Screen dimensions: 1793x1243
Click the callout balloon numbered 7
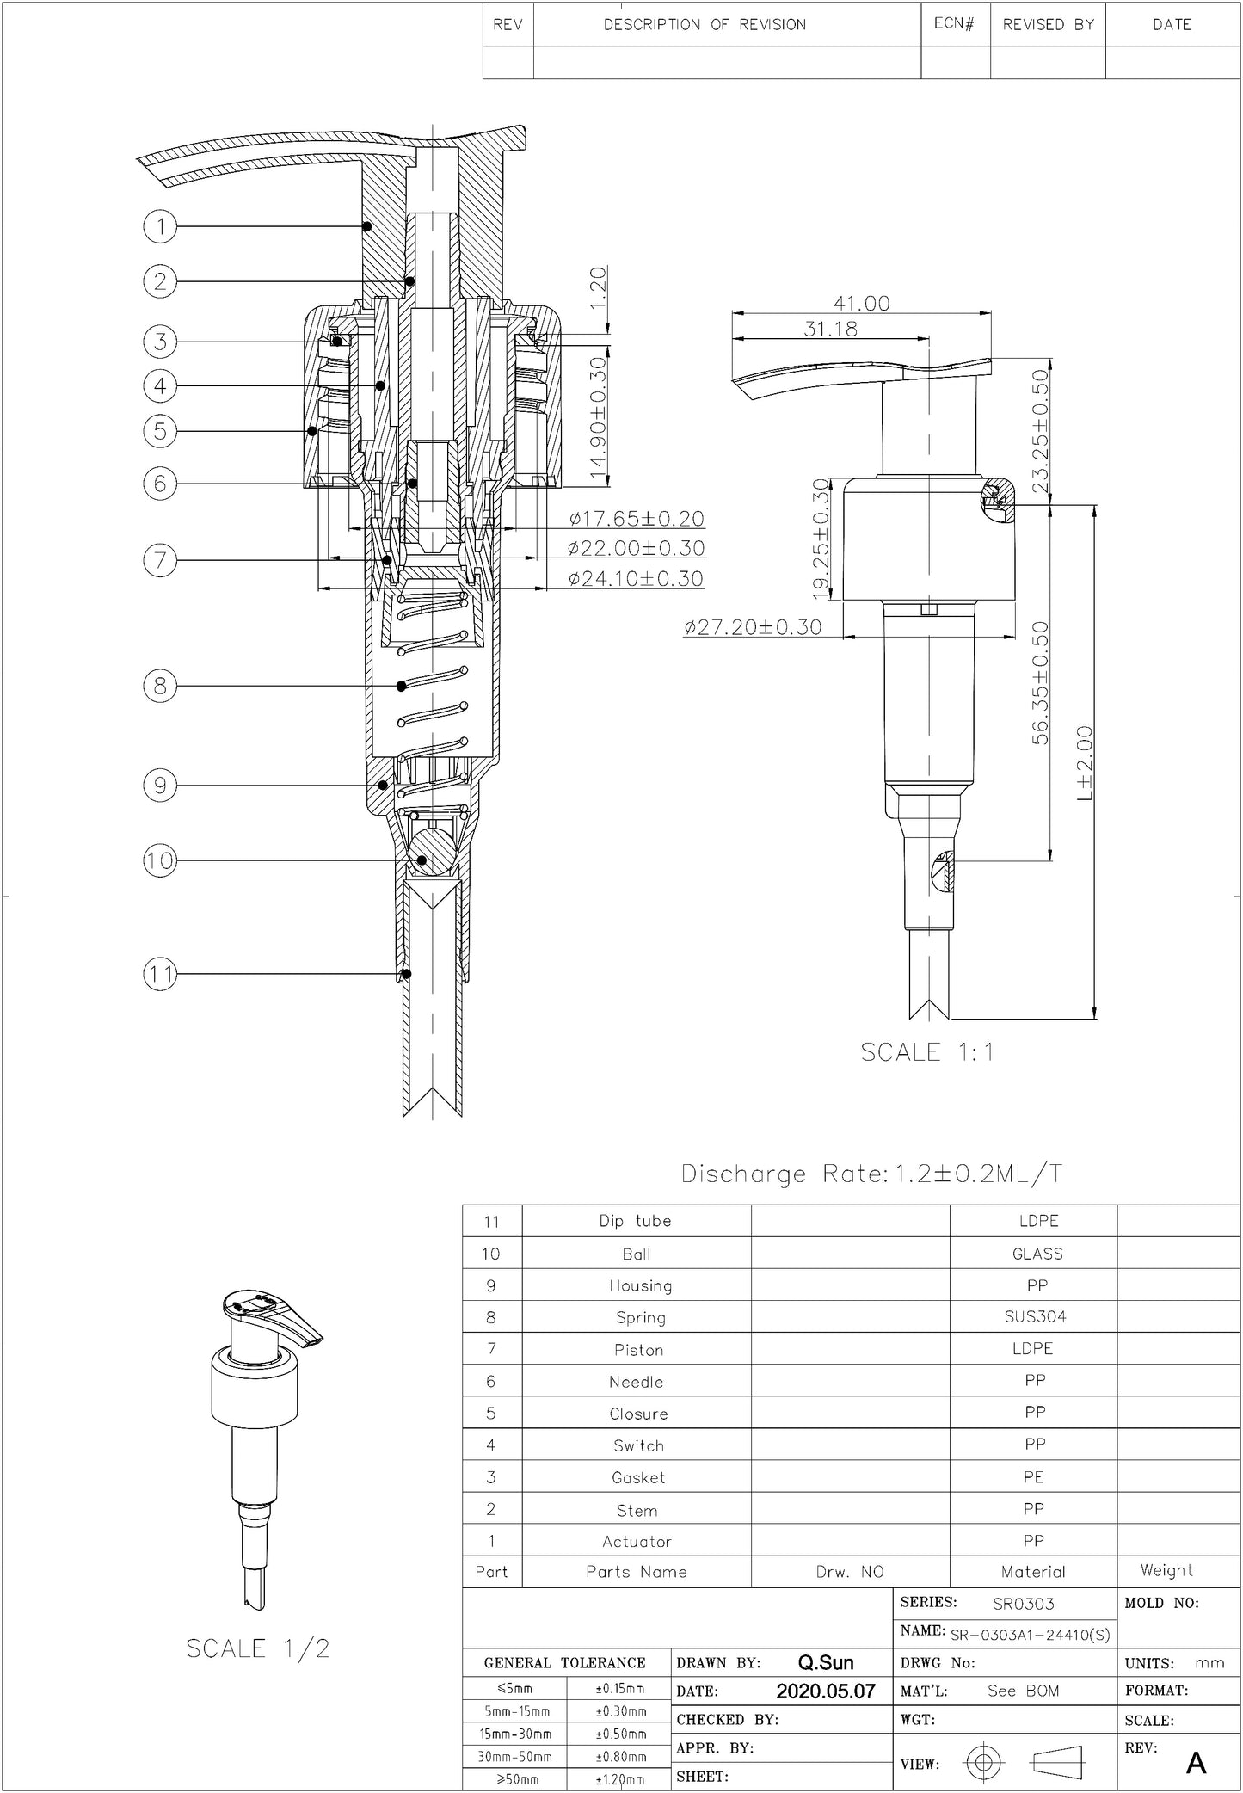160,561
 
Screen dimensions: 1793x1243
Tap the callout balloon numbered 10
160,860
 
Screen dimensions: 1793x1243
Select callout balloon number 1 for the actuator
160,226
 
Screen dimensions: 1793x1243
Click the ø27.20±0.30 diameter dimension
753,627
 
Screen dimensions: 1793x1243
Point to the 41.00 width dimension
861,303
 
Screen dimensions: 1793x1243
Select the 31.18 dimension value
830,329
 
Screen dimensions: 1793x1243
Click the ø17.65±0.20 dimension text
637,519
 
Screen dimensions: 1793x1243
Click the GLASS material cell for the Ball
1037,1254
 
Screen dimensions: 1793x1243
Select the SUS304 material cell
1035,1316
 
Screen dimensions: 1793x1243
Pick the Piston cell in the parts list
638,1350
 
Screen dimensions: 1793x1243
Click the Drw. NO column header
850,1572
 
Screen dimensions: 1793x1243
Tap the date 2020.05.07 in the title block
825,1691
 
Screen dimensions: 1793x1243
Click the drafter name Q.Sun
826,1662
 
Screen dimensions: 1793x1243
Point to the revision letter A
1195,1764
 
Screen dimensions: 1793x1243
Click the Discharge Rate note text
871,1174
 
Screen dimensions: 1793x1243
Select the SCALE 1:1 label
927,1051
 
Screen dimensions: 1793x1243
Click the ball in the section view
428,849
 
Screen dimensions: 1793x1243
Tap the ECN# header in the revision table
954,24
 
